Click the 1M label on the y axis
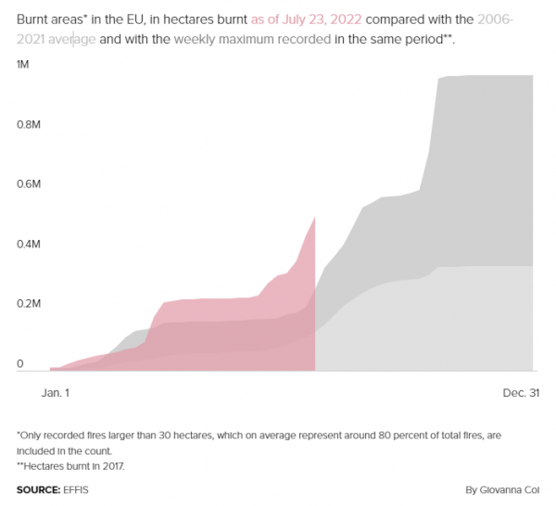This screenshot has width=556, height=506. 21,63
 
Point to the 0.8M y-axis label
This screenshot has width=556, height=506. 28,123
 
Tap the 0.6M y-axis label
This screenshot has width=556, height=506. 28,183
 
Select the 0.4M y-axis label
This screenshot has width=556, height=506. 28,244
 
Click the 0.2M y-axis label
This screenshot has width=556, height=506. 28,304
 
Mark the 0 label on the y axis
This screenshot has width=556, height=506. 19,364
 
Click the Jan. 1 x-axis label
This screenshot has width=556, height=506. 55,393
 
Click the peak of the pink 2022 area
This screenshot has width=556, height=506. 315,217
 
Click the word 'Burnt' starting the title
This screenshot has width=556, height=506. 34,19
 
